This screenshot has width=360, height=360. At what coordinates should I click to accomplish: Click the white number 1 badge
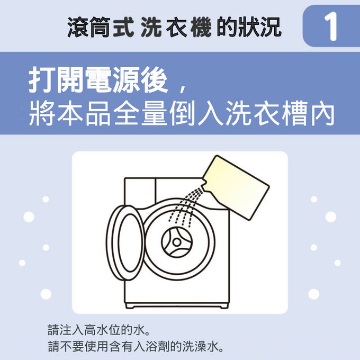click(x=330, y=26)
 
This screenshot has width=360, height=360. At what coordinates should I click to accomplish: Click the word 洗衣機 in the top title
click(x=176, y=28)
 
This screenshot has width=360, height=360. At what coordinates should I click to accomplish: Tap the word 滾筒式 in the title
click(x=101, y=28)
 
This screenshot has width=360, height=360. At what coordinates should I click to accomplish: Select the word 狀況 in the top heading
click(x=259, y=28)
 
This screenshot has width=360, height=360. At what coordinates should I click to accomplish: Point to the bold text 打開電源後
click(x=98, y=80)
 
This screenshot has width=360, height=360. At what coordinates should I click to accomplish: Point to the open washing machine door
click(x=125, y=242)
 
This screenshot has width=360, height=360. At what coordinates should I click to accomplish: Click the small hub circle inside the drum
click(x=176, y=242)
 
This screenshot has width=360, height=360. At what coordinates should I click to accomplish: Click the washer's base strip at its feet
click(x=176, y=306)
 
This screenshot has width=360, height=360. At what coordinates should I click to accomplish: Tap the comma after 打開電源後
click(x=183, y=89)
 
